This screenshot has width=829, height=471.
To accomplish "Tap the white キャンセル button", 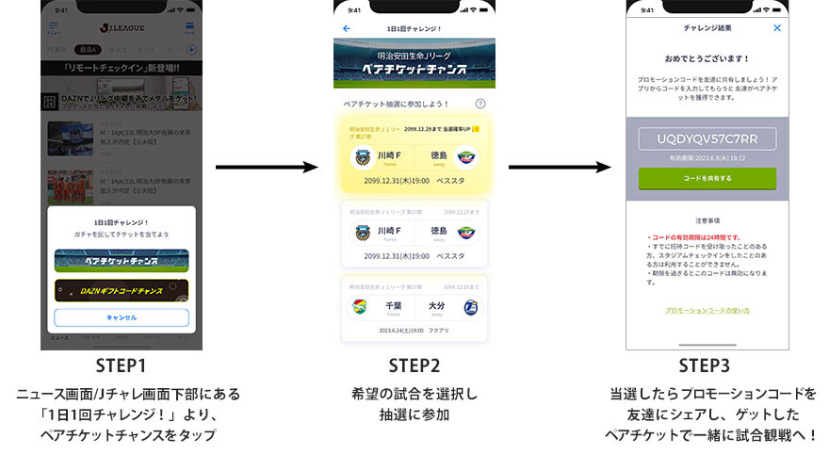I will (x=122, y=317).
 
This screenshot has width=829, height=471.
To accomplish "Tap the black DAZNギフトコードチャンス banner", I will (x=122, y=290).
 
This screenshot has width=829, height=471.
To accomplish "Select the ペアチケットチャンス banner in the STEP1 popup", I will (x=122, y=260).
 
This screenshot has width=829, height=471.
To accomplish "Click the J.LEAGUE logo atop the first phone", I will (x=121, y=29).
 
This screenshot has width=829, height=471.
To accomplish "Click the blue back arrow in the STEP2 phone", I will (x=347, y=28).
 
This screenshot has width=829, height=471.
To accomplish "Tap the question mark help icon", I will (x=480, y=104).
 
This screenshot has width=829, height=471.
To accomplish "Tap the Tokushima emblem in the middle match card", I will (x=467, y=233).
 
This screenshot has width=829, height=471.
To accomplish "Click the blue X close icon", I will (x=777, y=28).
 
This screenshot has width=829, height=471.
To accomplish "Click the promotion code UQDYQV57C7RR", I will (x=707, y=138).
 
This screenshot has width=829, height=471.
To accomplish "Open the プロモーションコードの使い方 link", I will (x=707, y=310).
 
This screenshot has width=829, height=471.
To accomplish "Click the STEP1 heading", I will (x=121, y=366).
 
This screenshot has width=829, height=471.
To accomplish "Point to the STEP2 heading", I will (x=415, y=366).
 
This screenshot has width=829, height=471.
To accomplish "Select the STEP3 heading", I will (x=707, y=366).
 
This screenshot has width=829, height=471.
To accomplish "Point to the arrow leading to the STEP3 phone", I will (x=560, y=168).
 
